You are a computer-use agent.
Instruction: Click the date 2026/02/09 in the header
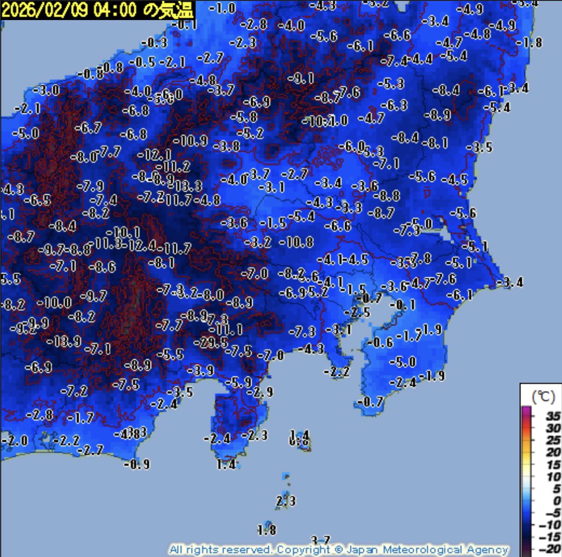pos(45,10)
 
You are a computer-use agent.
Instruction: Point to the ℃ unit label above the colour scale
pos(542,396)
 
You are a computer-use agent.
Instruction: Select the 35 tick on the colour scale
pos(553,416)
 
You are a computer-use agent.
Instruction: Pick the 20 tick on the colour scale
pos(553,452)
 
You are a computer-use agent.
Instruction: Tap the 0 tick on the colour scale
pos(556,500)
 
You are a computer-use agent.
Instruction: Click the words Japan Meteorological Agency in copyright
pos(427,549)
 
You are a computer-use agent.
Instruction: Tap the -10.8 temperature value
pos(296,242)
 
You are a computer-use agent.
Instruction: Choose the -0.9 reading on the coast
pos(137,464)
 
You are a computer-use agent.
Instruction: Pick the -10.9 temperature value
pos(190,140)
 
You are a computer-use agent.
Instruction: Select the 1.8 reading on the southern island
pos(266,529)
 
